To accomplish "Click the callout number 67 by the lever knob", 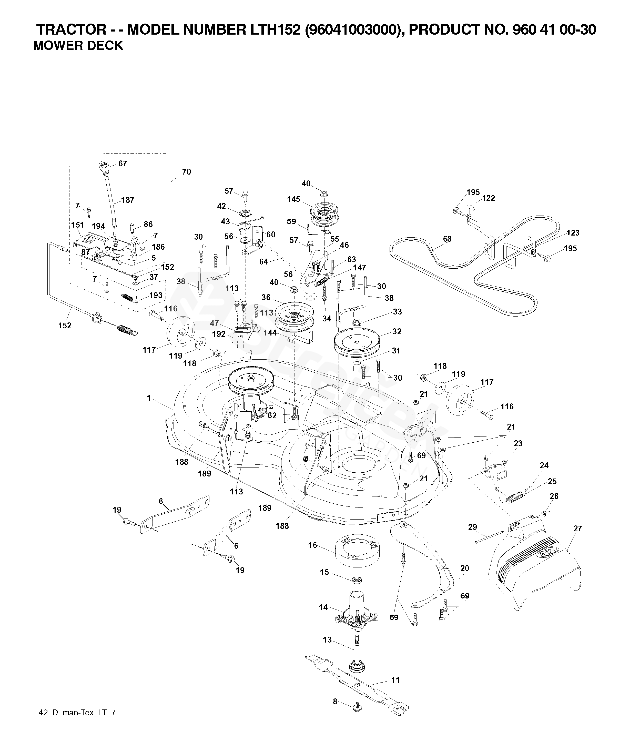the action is [123, 164].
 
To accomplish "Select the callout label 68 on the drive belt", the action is [447, 239].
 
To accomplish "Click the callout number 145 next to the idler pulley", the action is [294, 199].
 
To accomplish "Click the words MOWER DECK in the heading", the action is [78, 46].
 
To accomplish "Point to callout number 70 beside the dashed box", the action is [187, 172].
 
